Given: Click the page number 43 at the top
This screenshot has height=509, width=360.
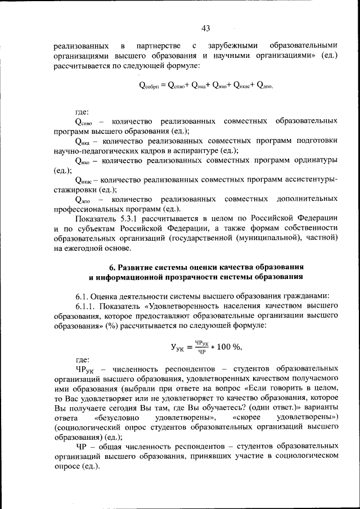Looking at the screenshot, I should click(x=205, y=29).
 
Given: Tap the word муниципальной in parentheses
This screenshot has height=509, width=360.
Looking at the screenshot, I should click(x=260, y=238).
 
